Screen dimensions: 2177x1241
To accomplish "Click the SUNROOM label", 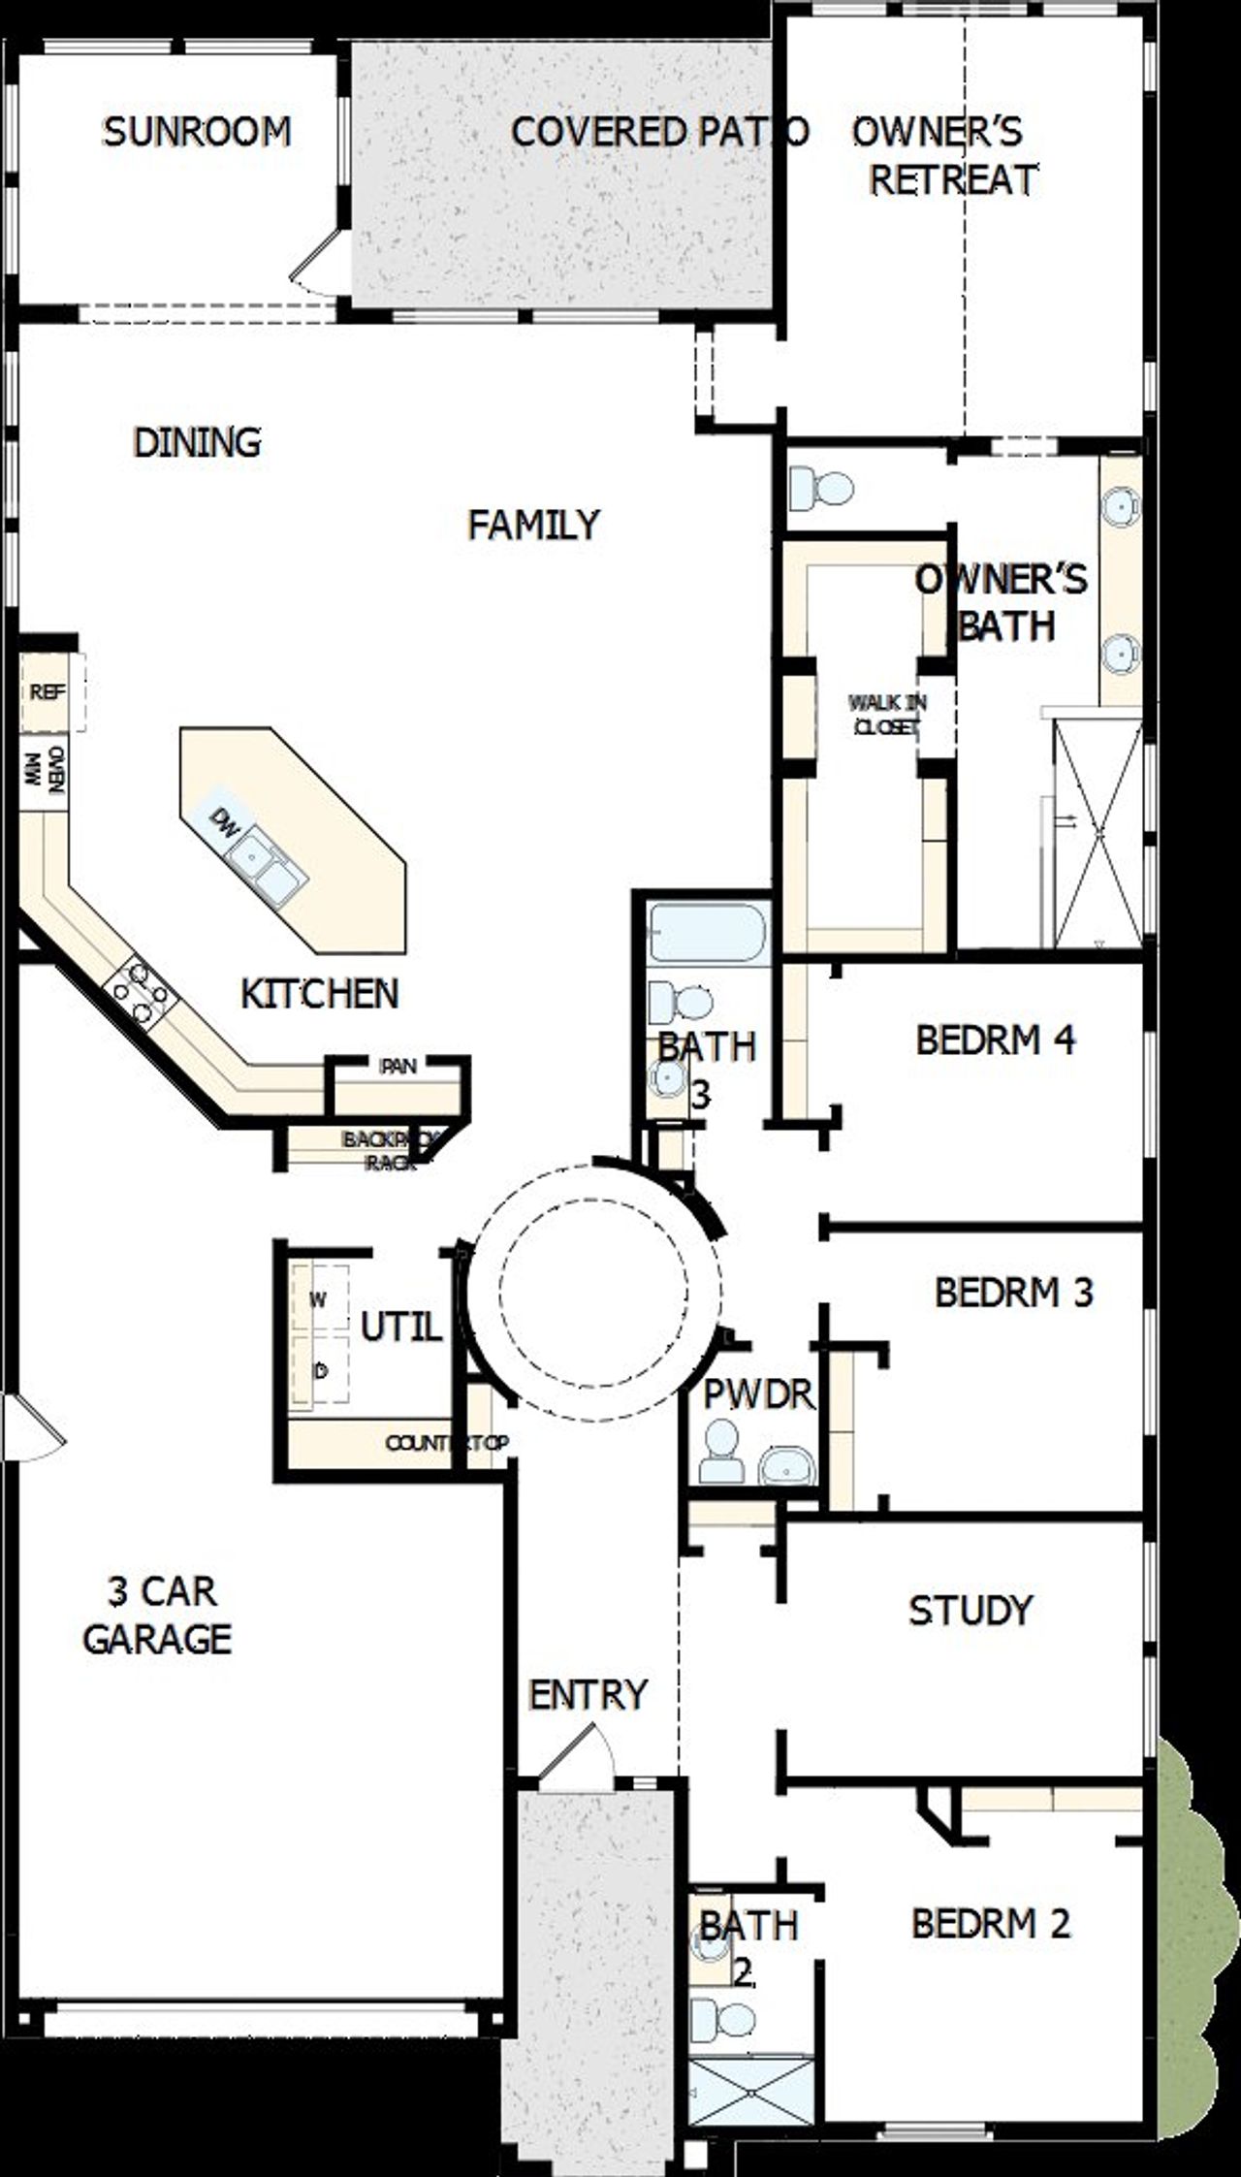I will click(197, 132).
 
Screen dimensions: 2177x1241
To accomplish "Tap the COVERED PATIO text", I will click(659, 132).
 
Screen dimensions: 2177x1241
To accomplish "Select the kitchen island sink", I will click(266, 867).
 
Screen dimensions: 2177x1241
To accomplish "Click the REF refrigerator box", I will click(47, 692).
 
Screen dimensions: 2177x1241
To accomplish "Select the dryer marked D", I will click(320, 1370).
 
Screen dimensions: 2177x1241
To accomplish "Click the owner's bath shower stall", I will click(1098, 834).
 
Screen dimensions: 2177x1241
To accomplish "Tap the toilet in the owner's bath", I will click(819, 486).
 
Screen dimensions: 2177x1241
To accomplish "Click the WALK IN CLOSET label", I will click(886, 714).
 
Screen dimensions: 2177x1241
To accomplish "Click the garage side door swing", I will click(34, 1425).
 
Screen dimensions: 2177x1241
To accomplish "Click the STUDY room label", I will click(970, 1610).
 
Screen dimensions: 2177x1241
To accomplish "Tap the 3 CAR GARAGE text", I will click(158, 1616).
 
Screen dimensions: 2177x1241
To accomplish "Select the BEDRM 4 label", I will click(995, 1040).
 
